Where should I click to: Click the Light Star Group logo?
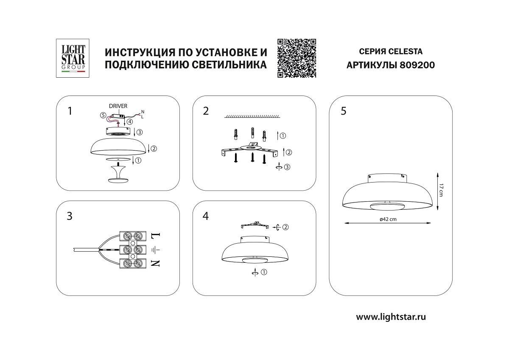71,58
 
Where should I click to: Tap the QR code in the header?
297,58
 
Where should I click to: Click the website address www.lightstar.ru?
391,316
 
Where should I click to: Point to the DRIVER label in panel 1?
118,106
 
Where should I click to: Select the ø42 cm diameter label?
387,219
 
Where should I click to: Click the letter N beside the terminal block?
155,263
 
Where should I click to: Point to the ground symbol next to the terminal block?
155,249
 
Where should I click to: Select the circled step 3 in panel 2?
287,167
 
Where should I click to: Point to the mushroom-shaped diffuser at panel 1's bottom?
118,174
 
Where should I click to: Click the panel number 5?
343,111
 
